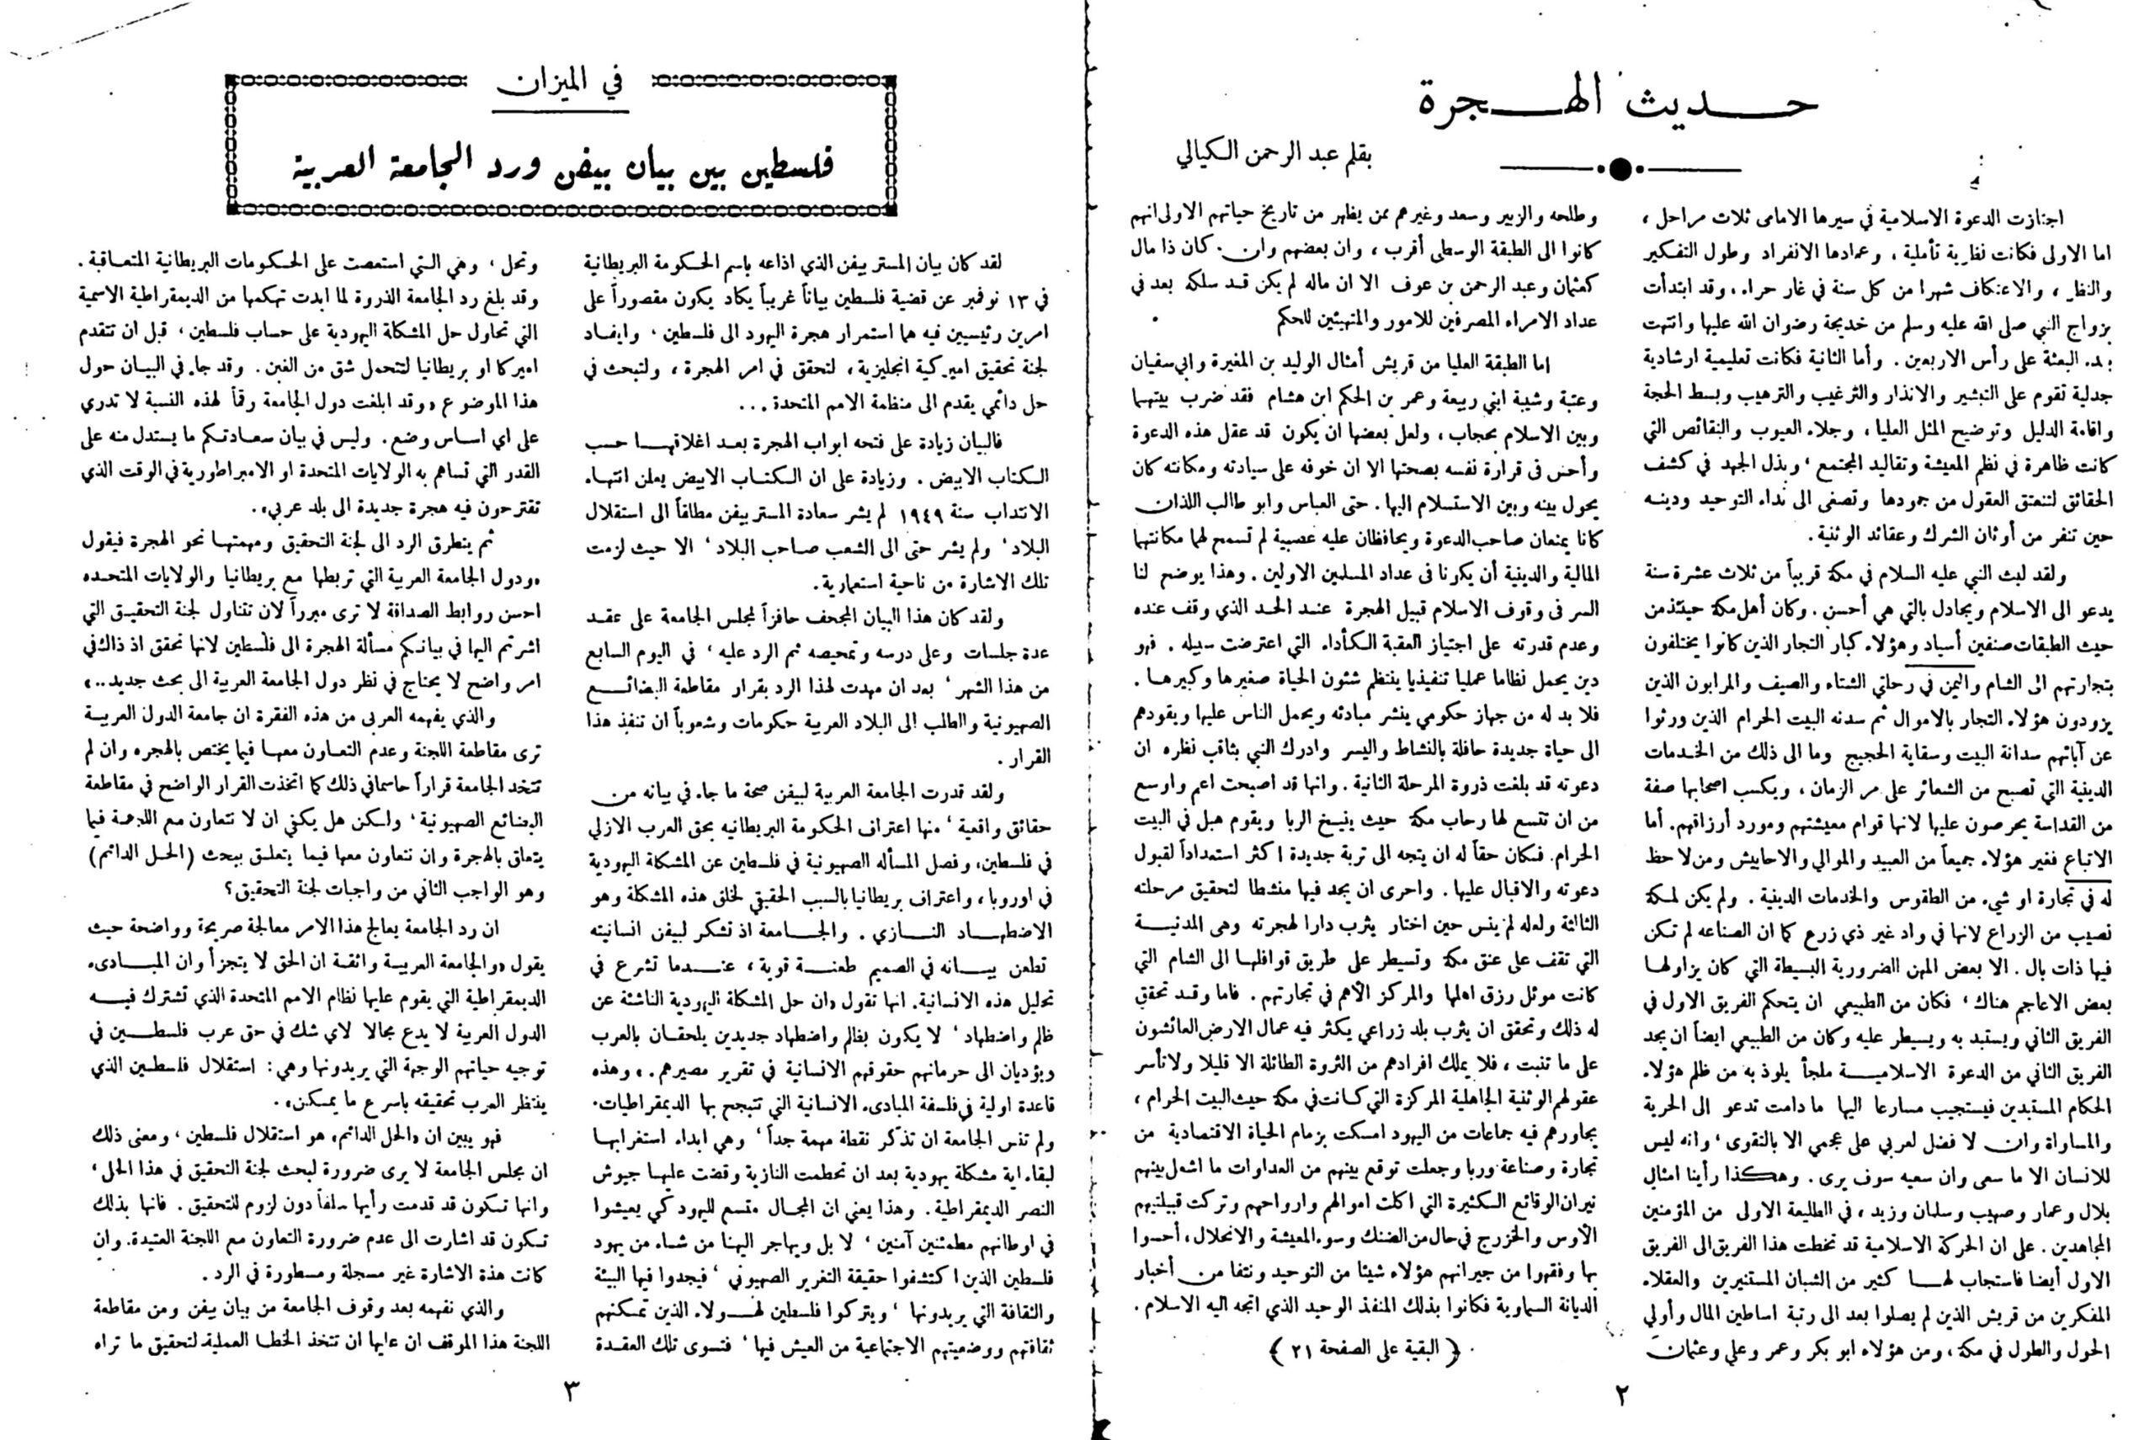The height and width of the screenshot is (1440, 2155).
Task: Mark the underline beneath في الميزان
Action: (x=561, y=111)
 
